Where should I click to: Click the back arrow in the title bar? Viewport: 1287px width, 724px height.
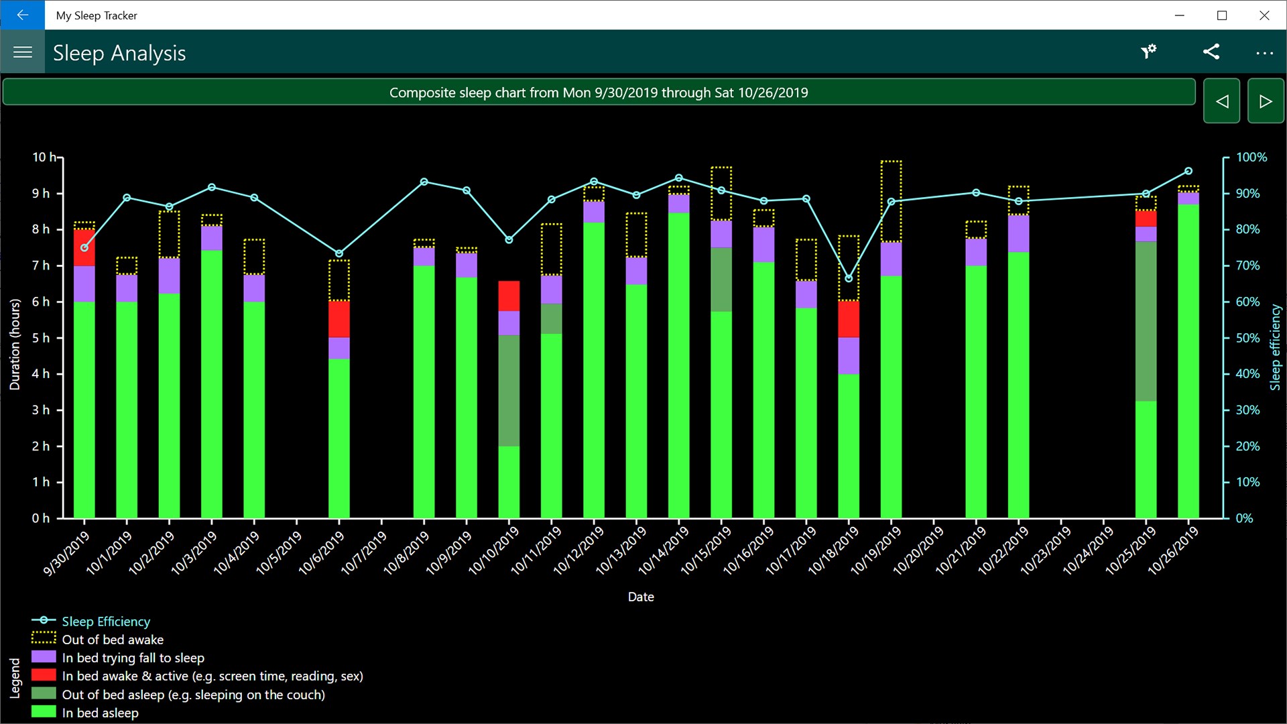coord(22,15)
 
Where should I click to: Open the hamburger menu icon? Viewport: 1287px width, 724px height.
coord(23,52)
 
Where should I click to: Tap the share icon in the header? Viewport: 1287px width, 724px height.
coord(1211,52)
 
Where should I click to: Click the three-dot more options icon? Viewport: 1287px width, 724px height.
coord(1264,52)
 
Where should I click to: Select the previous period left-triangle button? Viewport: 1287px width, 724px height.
coord(1221,101)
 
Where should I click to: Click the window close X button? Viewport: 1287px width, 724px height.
coord(1264,15)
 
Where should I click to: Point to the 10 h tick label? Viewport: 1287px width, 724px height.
coord(44,158)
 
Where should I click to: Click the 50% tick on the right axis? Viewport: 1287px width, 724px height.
coord(1247,338)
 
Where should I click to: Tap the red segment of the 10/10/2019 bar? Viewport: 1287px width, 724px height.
coord(509,296)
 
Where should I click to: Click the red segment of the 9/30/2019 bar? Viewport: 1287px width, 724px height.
coord(84,248)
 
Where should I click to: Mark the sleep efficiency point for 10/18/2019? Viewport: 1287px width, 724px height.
coord(849,278)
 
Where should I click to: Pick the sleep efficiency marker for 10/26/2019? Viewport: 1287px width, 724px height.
coord(1188,171)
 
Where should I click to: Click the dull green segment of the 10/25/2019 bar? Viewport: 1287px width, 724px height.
coord(1146,321)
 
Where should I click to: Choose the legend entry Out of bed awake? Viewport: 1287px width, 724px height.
coord(112,640)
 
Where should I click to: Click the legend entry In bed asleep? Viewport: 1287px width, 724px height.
coord(100,713)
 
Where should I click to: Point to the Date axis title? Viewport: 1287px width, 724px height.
coord(641,597)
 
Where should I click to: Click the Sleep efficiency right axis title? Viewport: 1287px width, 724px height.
coord(1275,347)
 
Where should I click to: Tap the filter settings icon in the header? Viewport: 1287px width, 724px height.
coord(1149,52)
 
